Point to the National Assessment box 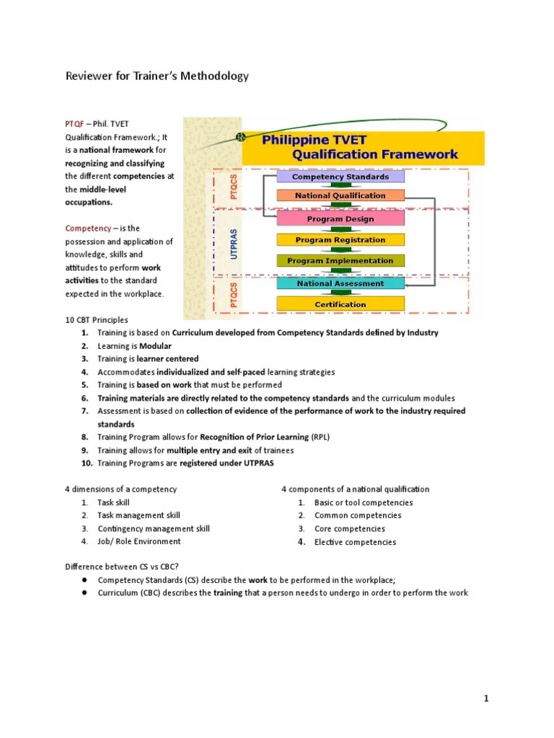click(341, 284)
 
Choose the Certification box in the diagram click(341, 304)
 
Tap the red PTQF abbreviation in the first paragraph click(75, 124)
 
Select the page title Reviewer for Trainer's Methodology click(157, 76)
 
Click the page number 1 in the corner click(487, 698)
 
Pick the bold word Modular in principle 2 click(155, 346)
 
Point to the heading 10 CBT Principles click(97, 320)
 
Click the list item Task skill click(114, 502)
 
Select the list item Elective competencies click(355, 542)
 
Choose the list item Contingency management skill click(154, 528)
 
